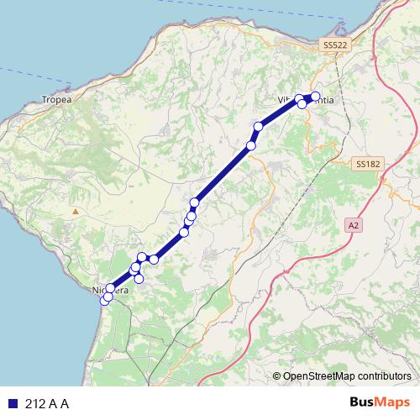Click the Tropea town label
pyautogui.click(x=56, y=98)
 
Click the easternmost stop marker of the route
pyautogui.click(x=316, y=96)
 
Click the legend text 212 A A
pyautogui.click(x=47, y=403)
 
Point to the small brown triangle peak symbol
pyautogui.click(x=76, y=211)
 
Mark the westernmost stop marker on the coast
pyautogui.click(x=105, y=300)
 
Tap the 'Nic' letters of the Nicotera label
pyautogui.click(x=97, y=290)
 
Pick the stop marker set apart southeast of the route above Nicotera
pyautogui.click(x=139, y=278)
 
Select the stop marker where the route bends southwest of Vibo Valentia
pyautogui.click(x=259, y=127)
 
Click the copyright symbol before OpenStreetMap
pyautogui.click(x=277, y=375)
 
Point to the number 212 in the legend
pyautogui.click(x=34, y=403)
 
